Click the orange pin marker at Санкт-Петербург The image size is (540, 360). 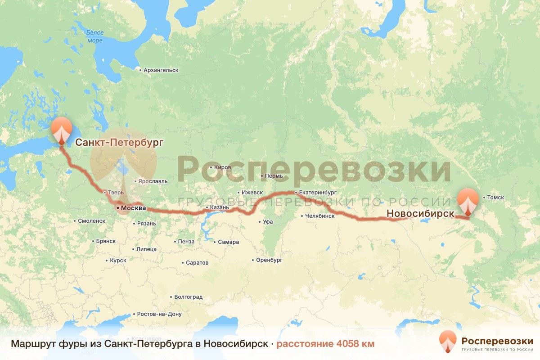click(x=61, y=130)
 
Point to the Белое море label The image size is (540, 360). click(x=95, y=36)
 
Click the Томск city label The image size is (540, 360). click(x=495, y=198)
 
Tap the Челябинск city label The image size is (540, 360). click(x=319, y=216)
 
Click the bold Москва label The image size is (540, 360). click(x=133, y=208)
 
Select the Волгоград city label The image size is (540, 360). click(x=188, y=297)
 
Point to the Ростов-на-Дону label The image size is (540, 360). click(x=159, y=314)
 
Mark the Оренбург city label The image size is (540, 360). click(x=269, y=260)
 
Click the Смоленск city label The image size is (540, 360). click(x=91, y=221)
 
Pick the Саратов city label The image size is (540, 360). click(x=197, y=263)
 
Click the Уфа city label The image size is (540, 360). click(x=268, y=222)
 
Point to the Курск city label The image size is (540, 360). click(x=118, y=261)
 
